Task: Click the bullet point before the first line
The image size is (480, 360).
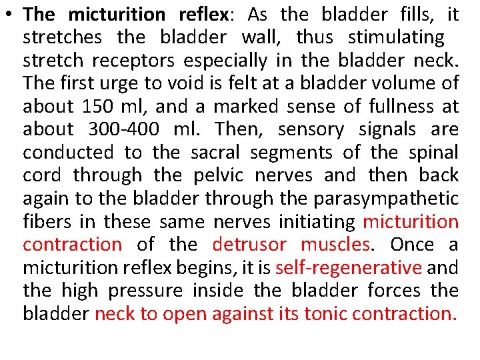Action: [11, 15]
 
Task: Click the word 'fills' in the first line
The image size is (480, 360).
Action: [413, 15]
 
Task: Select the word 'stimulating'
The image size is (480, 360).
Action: [396, 37]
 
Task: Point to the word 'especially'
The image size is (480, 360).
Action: [225, 61]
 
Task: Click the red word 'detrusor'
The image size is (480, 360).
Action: [250, 245]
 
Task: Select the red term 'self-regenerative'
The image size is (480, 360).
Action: [349, 267]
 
